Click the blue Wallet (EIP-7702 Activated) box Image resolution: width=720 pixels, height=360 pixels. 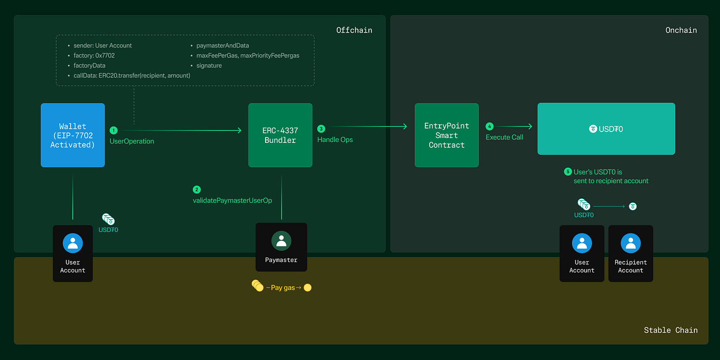point(73,135)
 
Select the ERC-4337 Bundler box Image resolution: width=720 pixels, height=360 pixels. point(280,135)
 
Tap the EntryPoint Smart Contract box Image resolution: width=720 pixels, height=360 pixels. point(447,135)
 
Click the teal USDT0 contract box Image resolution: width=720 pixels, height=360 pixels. point(606,129)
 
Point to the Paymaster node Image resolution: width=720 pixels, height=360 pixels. point(281,247)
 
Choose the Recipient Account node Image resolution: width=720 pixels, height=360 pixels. point(630,253)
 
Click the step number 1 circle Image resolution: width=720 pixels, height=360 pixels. point(114,131)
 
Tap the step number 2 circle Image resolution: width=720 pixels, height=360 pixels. point(197,190)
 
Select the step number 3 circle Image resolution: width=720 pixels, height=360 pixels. point(321,129)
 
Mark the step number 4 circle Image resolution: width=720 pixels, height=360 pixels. point(490,127)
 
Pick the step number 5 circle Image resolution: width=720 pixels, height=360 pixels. point(568,172)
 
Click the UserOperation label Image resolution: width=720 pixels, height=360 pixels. point(132,141)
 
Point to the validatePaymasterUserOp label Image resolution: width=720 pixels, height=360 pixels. point(232,200)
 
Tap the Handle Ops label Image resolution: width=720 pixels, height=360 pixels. point(335,140)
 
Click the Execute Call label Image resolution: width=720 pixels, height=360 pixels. point(504,137)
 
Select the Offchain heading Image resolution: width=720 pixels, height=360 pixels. point(354,30)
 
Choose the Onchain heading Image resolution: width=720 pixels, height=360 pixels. point(681,30)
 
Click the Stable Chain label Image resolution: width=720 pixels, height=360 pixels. point(671,330)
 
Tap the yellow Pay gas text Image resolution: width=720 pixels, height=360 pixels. point(283,288)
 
